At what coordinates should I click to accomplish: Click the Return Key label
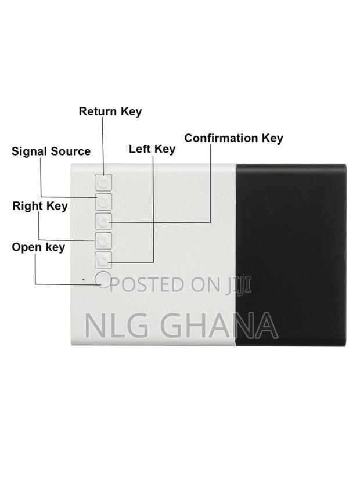point(110,111)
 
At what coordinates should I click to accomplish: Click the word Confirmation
point(221,138)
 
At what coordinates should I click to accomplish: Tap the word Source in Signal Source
point(70,151)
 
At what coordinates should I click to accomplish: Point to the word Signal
point(30,151)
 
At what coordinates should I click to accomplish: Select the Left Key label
point(152,149)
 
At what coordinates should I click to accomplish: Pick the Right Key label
point(40,206)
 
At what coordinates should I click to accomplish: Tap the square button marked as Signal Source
point(103,202)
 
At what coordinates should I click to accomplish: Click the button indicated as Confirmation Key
point(103,222)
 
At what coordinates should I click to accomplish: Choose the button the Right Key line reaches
point(103,241)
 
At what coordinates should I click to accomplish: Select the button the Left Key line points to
point(103,261)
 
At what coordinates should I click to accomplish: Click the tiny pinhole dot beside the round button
point(83,279)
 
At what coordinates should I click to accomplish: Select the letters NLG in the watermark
point(117,325)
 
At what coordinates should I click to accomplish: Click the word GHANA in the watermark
point(219,325)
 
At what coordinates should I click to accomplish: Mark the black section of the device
point(291,255)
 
